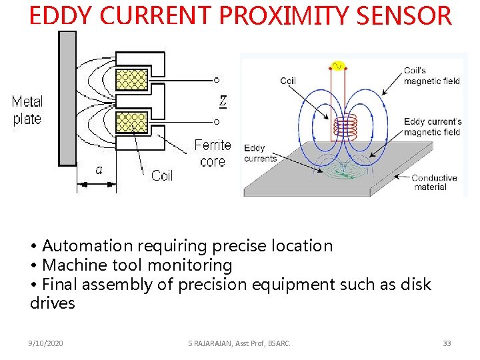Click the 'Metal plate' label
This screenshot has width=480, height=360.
(27, 111)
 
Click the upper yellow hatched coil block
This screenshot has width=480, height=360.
(131, 80)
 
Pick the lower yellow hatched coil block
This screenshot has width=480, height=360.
(131, 123)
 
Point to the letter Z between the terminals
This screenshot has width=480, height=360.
(223, 101)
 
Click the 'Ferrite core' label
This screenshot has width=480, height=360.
(213, 153)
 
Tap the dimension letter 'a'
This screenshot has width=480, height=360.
(99, 170)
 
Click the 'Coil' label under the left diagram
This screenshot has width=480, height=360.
(161, 176)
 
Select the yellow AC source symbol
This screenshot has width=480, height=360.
(337, 65)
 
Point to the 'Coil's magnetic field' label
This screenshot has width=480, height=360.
(431, 76)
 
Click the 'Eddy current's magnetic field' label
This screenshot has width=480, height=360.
(432, 127)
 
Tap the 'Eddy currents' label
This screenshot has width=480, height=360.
(260, 153)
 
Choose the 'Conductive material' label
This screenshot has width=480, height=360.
(435, 182)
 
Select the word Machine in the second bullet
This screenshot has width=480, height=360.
(74, 265)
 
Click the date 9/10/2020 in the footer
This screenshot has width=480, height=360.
(46, 343)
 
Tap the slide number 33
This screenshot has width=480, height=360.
(447, 343)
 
